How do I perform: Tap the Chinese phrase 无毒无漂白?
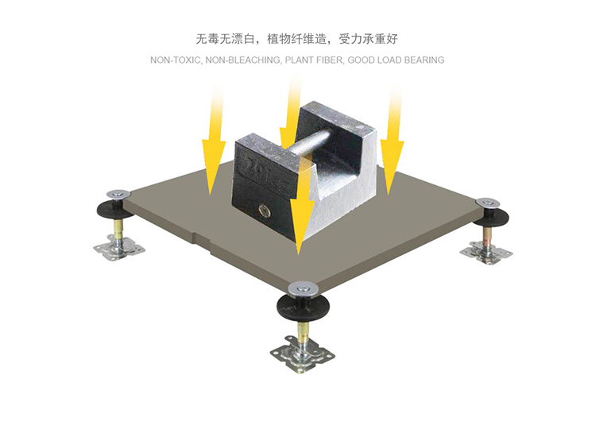(x=228, y=38)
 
